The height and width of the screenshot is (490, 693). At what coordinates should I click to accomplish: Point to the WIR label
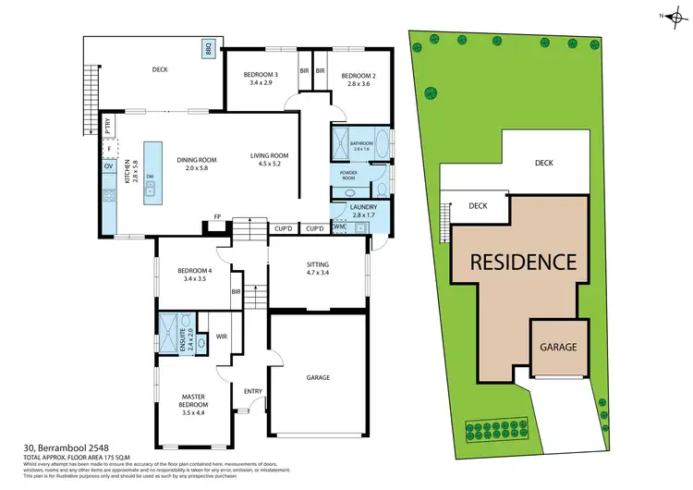tap(222, 337)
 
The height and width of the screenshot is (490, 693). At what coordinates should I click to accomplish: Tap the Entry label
tap(253, 391)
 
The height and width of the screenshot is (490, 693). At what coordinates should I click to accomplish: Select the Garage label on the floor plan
tap(318, 377)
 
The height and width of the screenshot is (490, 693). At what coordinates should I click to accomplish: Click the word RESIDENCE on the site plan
tap(524, 262)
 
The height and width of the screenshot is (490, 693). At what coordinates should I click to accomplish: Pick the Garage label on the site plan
tap(559, 348)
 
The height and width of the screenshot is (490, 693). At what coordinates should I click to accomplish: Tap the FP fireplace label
tap(217, 216)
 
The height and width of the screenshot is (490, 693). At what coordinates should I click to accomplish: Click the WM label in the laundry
tap(338, 227)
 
